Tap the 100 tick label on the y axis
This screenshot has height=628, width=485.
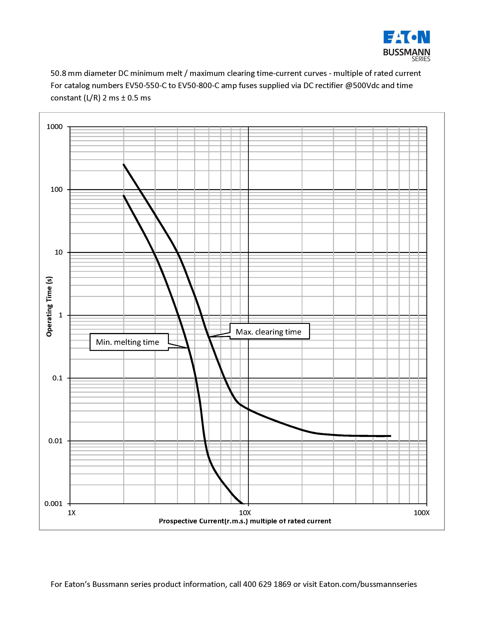(57, 190)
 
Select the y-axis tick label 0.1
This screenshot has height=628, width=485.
(57, 378)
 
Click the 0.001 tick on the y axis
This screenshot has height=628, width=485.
(53, 504)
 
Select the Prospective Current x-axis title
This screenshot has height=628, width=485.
(245, 521)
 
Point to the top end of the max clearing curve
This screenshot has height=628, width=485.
(124, 164)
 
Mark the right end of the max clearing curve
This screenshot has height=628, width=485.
(390, 436)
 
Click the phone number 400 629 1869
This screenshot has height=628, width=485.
(267, 584)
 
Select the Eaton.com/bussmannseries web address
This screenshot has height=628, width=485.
(368, 584)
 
